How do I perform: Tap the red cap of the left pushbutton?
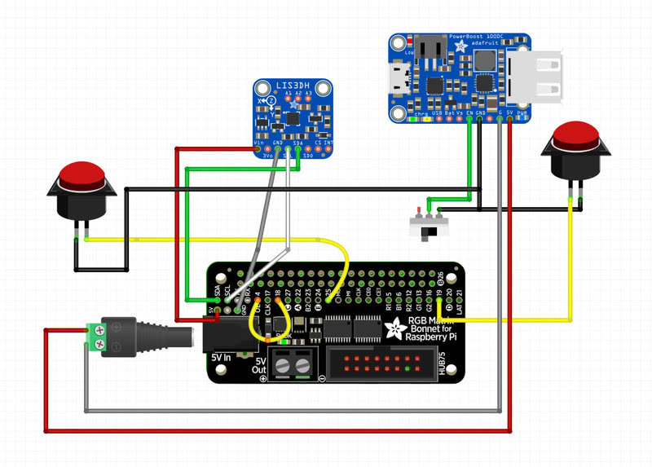click(83, 174)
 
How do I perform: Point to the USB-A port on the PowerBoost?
click(538, 77)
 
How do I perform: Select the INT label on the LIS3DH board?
click(328, 143)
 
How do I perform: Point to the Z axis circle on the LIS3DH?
click(270, 100)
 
